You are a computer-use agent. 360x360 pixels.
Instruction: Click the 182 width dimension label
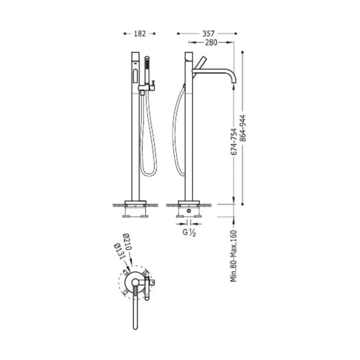point(140,34)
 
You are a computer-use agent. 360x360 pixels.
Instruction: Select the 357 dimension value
point(208,34)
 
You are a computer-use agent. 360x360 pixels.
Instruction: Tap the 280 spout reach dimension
point(211,42)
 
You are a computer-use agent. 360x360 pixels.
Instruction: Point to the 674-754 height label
point(234,141)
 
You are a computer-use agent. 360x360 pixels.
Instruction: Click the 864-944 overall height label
point(243,128)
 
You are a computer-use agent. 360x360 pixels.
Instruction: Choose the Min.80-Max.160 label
point(234,256)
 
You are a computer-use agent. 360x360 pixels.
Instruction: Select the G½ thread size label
point(189,232)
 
